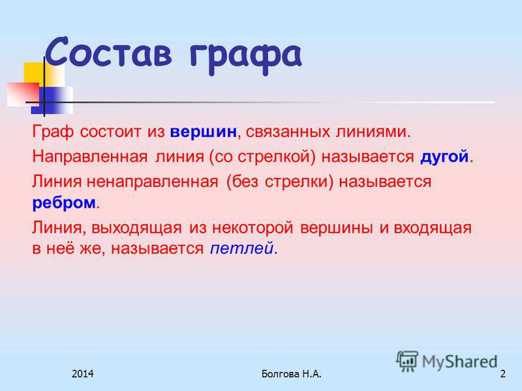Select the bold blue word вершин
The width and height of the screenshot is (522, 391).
click(x=203, y=132)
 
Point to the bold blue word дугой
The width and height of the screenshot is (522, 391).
click(x=444, y=156)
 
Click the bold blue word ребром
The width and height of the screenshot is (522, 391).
click(x=64, y=202)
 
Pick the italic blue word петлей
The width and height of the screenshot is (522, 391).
click(x=241, y=248)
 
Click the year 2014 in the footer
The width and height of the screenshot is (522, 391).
click(x=83, y=373)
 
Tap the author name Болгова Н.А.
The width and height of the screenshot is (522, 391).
click(x=291, y=373)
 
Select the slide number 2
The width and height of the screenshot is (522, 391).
click(x=502, y=373)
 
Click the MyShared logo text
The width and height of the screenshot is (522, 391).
click(x=459, y=362)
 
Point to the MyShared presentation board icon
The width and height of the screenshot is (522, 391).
click(x=407, y=361)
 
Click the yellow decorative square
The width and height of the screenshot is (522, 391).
click(x=44, y=74)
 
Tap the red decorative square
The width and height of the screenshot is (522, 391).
click(x=23, y=94)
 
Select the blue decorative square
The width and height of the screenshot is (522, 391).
click(x=52, y=100)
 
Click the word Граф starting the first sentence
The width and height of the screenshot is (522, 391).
click(x=53, y=132)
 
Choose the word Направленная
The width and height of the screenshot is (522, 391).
click(x=90, y=157)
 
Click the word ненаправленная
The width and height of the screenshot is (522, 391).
click(x=153, y=182)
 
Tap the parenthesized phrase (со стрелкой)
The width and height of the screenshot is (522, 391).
click(x=262, y=157)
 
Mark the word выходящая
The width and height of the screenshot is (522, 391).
click(x=136, y=228)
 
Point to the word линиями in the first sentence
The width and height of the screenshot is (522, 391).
click(x=373, y=132)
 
